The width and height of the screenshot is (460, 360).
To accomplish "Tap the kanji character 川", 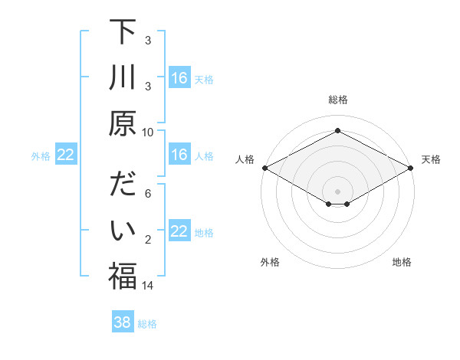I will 122,79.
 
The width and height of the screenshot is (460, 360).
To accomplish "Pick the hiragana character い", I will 122,231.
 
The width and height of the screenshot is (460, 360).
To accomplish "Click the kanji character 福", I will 122,276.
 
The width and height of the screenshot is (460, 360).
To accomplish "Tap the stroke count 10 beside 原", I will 148,132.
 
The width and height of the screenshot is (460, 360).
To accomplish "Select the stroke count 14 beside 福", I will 148,285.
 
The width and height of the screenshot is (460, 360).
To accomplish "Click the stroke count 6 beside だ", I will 148,195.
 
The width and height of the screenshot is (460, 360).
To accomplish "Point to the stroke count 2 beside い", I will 148,240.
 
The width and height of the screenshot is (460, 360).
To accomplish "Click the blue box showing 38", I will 123,323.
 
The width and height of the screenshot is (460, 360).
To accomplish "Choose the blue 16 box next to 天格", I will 179,78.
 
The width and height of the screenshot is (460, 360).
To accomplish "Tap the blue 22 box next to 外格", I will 66,155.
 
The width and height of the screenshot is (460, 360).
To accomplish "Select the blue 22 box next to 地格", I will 179,231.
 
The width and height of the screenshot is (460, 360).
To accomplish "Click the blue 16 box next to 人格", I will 179,155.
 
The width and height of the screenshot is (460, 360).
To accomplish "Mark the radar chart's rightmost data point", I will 412,168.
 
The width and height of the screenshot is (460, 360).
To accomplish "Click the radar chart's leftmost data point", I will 264,168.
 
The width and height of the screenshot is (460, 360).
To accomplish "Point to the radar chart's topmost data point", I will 337,131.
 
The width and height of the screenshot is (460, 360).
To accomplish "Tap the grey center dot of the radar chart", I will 337,190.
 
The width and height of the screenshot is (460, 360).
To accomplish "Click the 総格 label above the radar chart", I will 337,100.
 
